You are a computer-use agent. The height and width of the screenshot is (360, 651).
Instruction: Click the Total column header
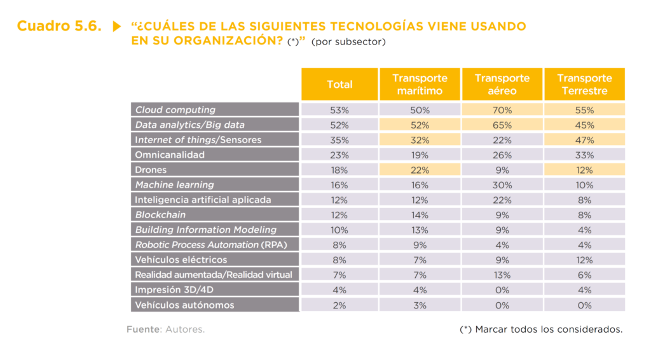coord(339,85)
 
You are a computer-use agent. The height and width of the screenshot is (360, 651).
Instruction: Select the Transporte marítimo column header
coord(420,85)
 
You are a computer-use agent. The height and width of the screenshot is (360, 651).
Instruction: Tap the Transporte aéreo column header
coord(502,85)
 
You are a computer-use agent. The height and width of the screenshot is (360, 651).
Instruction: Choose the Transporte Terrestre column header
coord(584,85)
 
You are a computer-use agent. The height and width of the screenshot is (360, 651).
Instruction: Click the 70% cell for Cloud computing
coord(502,110)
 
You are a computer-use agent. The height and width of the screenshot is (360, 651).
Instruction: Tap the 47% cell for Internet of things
coord(584,140)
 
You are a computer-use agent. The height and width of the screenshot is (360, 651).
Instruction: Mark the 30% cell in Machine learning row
coord(502,185)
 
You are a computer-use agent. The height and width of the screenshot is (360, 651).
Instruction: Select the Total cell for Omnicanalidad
coord(339,155)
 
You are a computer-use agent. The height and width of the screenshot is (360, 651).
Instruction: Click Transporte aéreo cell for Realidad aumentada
coord(502,275)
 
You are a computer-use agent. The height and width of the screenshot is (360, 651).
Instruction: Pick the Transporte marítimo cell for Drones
coord(420,170)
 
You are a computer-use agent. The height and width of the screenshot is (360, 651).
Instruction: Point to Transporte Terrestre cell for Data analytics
coord(584,125)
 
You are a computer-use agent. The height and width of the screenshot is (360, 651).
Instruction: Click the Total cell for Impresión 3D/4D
coord(339,290)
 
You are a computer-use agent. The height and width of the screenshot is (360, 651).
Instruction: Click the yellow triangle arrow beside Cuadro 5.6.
coord(116,27)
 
